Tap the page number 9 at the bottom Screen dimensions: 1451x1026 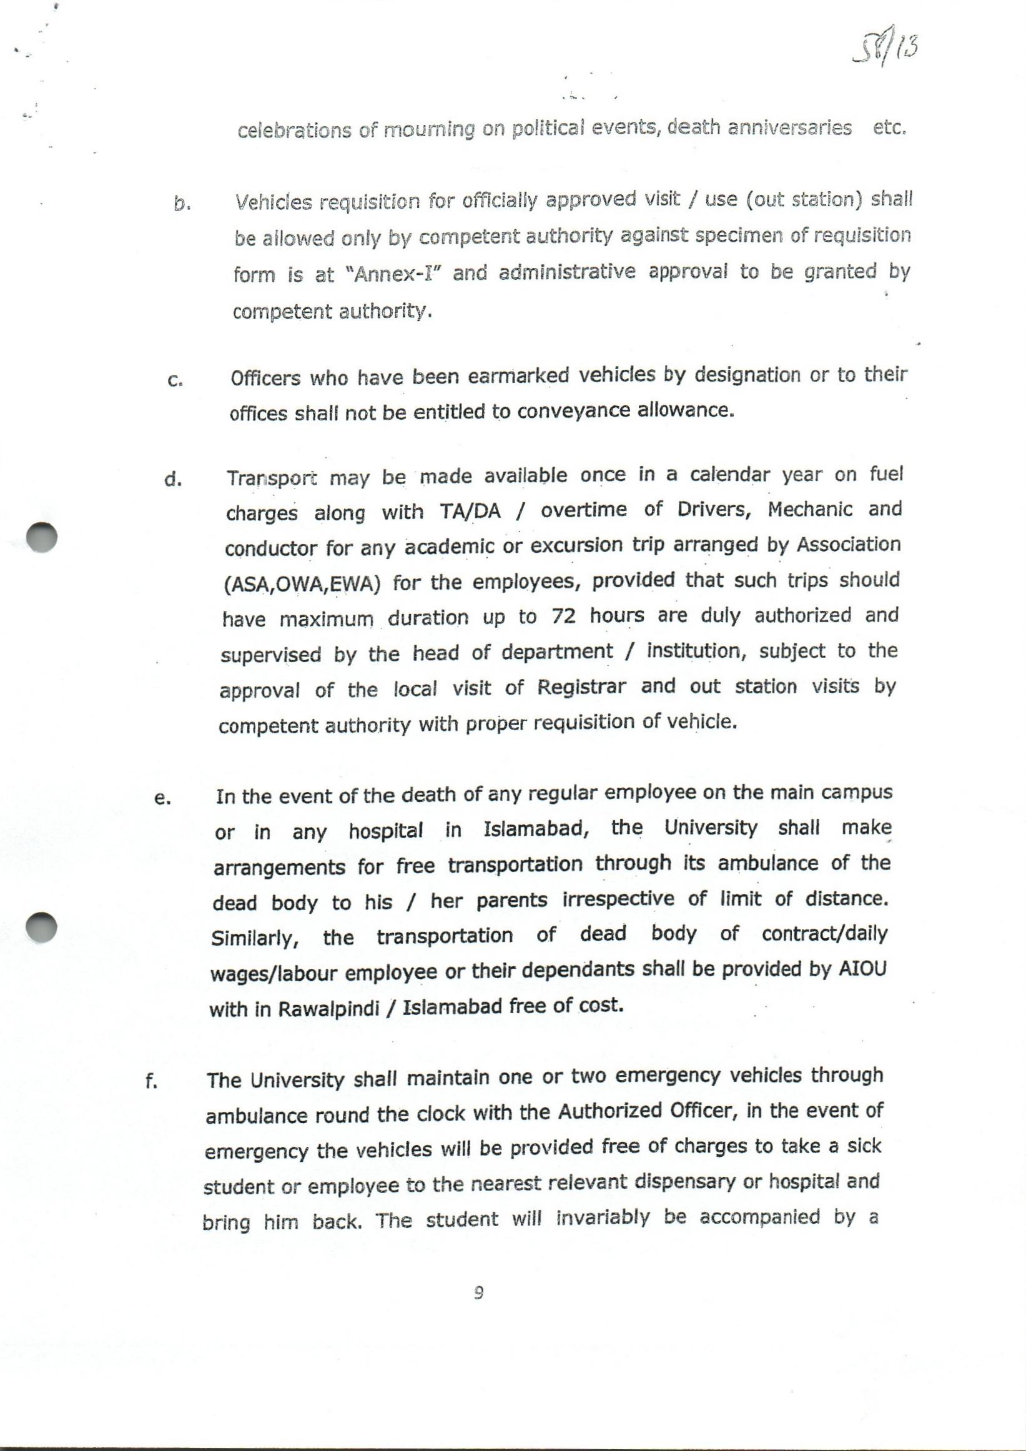479,1294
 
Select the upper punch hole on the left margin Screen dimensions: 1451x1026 42,537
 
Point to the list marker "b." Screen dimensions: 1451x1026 182,204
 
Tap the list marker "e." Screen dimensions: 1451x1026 162,798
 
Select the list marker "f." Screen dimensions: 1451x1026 151,1082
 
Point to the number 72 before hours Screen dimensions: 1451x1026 563,616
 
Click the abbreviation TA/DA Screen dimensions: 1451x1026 470,512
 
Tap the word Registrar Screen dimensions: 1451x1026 581,687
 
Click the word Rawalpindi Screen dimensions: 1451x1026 328,1009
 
